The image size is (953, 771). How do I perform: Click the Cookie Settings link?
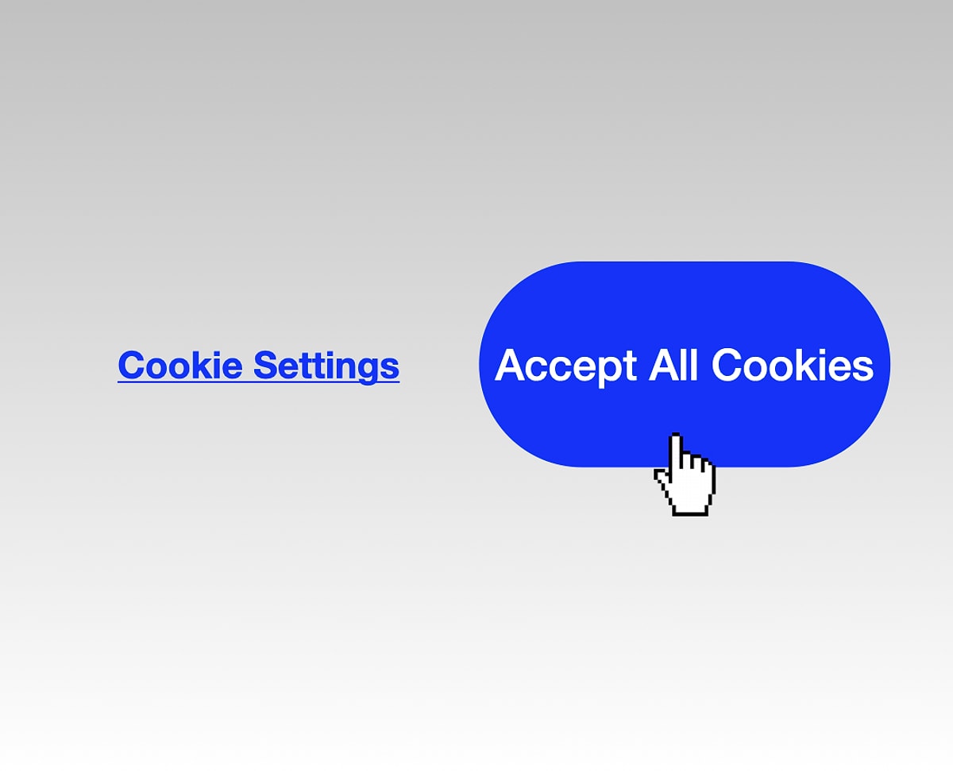click(258, 365)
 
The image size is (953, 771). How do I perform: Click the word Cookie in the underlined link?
click(180, 365)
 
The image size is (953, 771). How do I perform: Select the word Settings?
click(326, 366)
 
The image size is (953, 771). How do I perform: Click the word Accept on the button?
click(565, 366)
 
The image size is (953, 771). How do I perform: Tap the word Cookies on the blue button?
click(793, 365)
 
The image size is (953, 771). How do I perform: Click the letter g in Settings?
click(367, 369)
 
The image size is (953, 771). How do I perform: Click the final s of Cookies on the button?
click(863, 368)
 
